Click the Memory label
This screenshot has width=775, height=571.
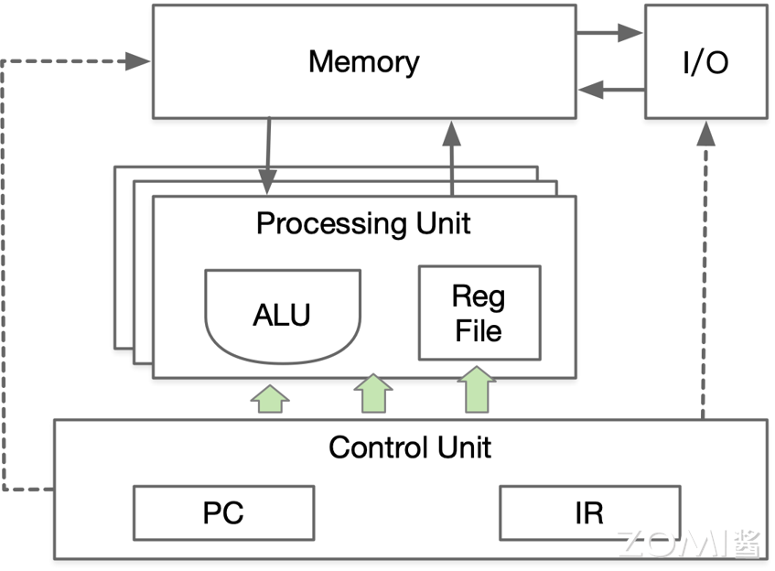click(x=363, y=62)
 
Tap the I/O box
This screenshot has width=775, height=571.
click(x=705, y=62)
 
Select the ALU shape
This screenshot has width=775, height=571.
click(x=282, y=313)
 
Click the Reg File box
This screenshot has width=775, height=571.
click(x=479, y=313)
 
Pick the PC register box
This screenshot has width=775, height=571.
click(x=223, y=512)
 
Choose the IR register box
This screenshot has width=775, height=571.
click(x=589, y=512)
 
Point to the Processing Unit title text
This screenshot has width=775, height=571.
click(x=363, y=223)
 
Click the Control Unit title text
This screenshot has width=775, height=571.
click(x=409, y=447)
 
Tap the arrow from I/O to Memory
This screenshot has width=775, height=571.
click(x=610, y=90)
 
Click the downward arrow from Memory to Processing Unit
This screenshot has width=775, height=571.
click(x=268, y=156)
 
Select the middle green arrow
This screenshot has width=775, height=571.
click(x=372, y=394)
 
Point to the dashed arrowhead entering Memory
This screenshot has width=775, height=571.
click(x=140, y=61)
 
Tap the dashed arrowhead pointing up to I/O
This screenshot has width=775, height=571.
click(x=705, y=134)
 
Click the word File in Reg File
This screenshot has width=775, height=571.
click(x=479, y=329)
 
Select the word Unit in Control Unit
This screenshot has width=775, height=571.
click(x=463, y=447)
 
